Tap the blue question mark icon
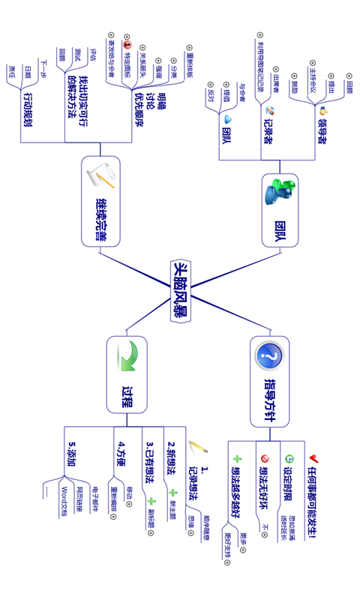point(269,355)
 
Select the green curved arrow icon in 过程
point(127,355)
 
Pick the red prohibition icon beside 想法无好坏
point(264,458)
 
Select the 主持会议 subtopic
point(313,77)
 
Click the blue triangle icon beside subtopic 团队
point(228,118)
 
